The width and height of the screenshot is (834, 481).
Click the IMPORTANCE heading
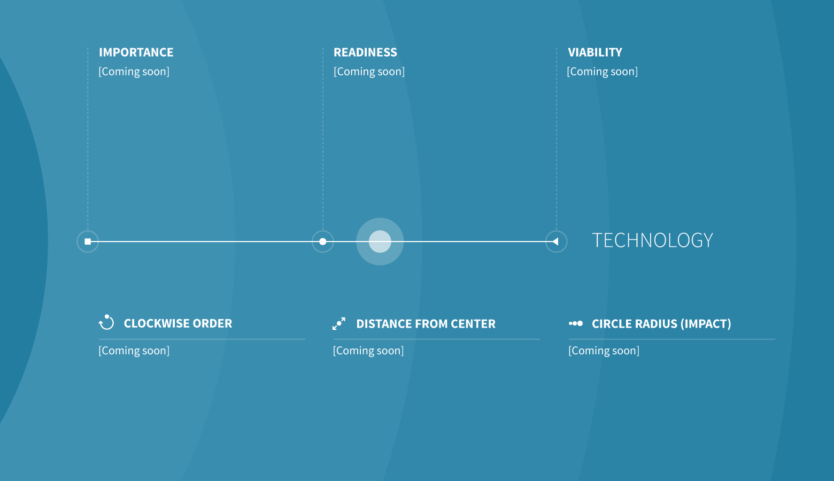coord(136,52)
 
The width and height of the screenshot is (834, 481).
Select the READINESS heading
coord(365,52)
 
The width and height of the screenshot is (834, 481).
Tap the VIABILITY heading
coord(595,52)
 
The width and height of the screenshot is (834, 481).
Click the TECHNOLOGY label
coord(652,240)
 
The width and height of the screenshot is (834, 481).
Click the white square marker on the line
coord(88,242)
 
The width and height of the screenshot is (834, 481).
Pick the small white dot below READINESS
coord(323,242)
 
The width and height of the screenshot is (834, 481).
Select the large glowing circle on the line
coord(380,242)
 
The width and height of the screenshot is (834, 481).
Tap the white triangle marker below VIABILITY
coord(555,242)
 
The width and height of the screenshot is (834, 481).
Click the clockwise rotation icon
coord(106,322)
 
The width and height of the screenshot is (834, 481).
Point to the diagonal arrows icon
coord(339,323)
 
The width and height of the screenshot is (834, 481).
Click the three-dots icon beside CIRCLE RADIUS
coord(576,323)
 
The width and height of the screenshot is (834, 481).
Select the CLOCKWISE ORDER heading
coord(178,323)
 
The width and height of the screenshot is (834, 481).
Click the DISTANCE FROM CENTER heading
coord(426,324)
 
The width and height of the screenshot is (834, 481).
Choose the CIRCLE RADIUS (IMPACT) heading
coord(662,324)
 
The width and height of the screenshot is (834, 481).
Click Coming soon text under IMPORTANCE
coord(134,72)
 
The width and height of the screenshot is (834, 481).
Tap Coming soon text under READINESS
coord(369,72)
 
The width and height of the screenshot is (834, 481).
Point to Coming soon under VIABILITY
coord(603,72)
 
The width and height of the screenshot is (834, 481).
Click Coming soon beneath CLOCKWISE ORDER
coord(134,351)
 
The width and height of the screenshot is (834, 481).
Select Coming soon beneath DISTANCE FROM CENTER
coord(368,351)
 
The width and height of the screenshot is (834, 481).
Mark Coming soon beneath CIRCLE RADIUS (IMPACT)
coord(604,351)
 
